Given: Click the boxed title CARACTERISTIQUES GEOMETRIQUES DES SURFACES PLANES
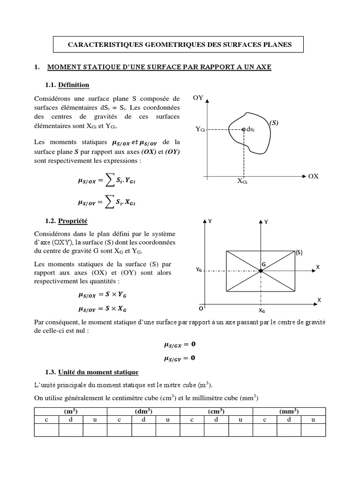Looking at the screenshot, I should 180,45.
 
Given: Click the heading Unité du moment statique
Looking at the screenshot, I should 98,372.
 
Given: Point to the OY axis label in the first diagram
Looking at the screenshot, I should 198,97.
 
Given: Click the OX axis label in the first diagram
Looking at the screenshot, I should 313,176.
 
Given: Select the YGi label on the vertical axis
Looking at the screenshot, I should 200,129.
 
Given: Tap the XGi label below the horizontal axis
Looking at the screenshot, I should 242,181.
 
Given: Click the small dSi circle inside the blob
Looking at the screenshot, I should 243,128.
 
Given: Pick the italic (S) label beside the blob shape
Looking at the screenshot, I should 274,123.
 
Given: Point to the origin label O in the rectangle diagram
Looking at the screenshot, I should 201,309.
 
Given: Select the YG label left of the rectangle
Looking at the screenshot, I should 199,270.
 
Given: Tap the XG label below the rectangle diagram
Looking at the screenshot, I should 261,310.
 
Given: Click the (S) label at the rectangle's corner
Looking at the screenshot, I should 299,252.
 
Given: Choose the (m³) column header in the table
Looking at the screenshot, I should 71,411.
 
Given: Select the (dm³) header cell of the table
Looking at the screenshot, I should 144,411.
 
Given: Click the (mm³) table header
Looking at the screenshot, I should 289,411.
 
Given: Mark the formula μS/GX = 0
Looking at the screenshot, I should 180,345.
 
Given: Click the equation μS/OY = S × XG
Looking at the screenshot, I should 102,309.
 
